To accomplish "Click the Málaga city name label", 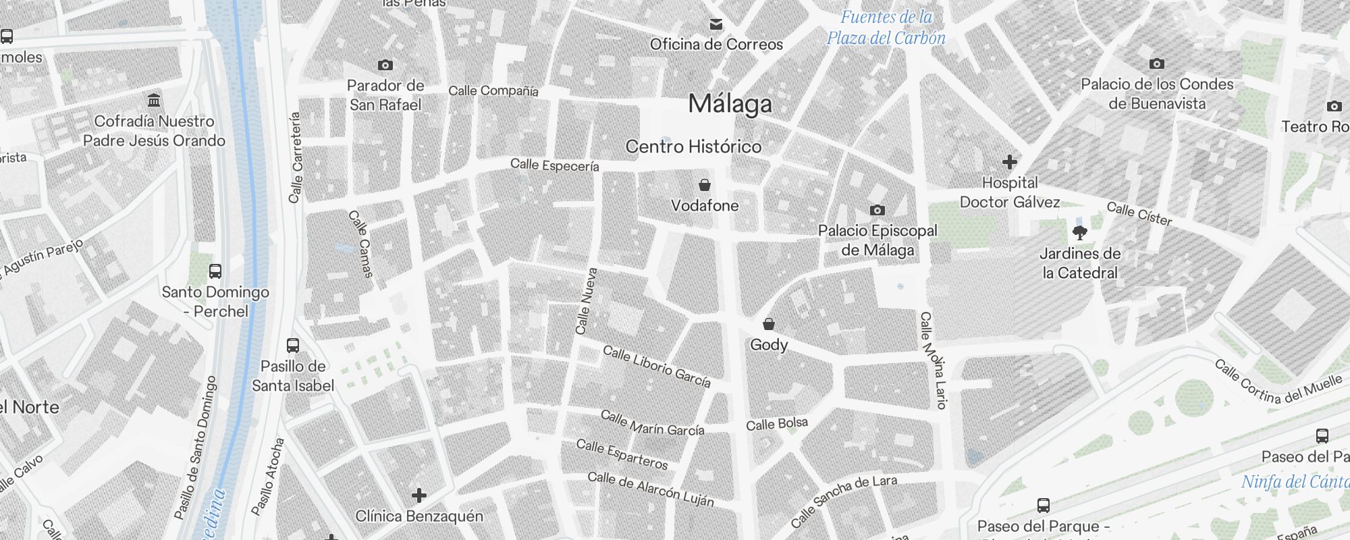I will tap(730, 104).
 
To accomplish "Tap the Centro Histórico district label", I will tap(693, 146).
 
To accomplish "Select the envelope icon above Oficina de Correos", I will tap(716, 25).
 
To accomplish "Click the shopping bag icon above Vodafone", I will tap(705, 185).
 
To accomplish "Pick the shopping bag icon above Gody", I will tap(768, 325).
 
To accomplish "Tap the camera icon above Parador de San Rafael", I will tap(385, 65).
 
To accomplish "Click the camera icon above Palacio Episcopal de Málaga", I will tap(878, 211).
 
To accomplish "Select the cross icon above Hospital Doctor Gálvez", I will tap(1010, 162).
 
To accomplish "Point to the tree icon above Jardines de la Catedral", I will tap(1080, 234).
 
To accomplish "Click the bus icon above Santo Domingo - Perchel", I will tap(215, 271).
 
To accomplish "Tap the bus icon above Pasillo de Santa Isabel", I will tap(293, 346).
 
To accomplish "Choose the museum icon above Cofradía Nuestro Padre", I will tap(154, 101).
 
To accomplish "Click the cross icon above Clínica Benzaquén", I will tap(419, 496).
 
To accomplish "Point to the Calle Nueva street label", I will tap(586, 302).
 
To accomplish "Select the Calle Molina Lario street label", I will tap(934, 360).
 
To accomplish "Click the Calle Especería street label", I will tap(555, 165).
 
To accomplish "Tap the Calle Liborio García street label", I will tap(657, 367).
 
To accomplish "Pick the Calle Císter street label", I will tap(1139, 214).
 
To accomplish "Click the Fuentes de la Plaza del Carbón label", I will tap(886, 28).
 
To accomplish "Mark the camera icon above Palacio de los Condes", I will tap(1157, 64).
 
